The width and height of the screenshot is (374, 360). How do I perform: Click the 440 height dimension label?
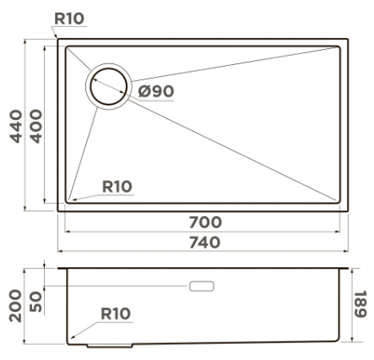[16, 127]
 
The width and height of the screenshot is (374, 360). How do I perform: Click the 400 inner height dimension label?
[35, 127]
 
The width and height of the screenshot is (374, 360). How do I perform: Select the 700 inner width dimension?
[205, 222]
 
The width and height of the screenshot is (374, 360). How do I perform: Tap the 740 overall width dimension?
[204, 243]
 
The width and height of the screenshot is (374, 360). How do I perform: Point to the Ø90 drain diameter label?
[156, 91]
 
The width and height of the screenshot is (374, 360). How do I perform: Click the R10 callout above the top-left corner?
[69, 19]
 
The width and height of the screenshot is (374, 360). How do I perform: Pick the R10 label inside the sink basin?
[117, 187]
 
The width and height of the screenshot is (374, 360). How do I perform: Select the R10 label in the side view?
[116, 314]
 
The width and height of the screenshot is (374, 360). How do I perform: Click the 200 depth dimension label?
[15, 306]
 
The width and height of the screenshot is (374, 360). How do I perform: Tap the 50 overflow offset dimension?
[35, 302]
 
